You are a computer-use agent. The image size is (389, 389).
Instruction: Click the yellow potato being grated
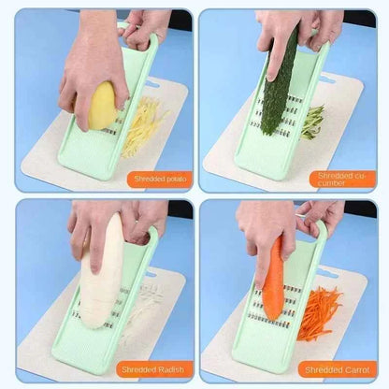point(103,106)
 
